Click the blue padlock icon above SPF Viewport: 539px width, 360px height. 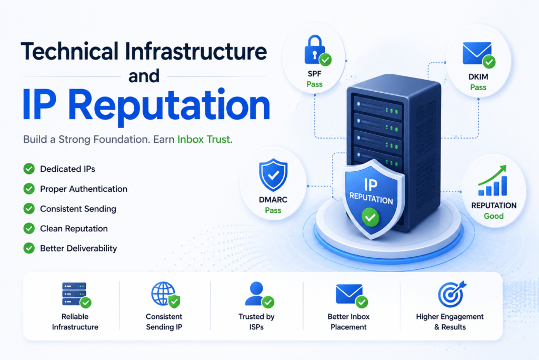point(315,50)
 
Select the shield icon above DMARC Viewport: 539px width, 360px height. point(273,174)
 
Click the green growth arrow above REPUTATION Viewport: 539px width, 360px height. point(492,175)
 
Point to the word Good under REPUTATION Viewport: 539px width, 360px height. point(494,216)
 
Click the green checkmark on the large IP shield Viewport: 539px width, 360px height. point(370,217)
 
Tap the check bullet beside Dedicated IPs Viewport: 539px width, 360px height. point(29,169)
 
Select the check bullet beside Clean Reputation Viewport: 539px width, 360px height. point(29,228)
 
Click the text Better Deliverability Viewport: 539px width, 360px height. point(78,248)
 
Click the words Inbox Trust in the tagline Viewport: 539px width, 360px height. point(205,139)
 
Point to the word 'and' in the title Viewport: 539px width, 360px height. point(144,76)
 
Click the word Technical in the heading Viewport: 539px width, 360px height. point(70,52)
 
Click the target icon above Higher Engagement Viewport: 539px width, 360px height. point(452,294)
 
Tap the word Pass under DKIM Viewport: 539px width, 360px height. point(478,87)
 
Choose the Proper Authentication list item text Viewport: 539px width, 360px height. point(84,189)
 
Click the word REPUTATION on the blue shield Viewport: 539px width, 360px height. point(371,198)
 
